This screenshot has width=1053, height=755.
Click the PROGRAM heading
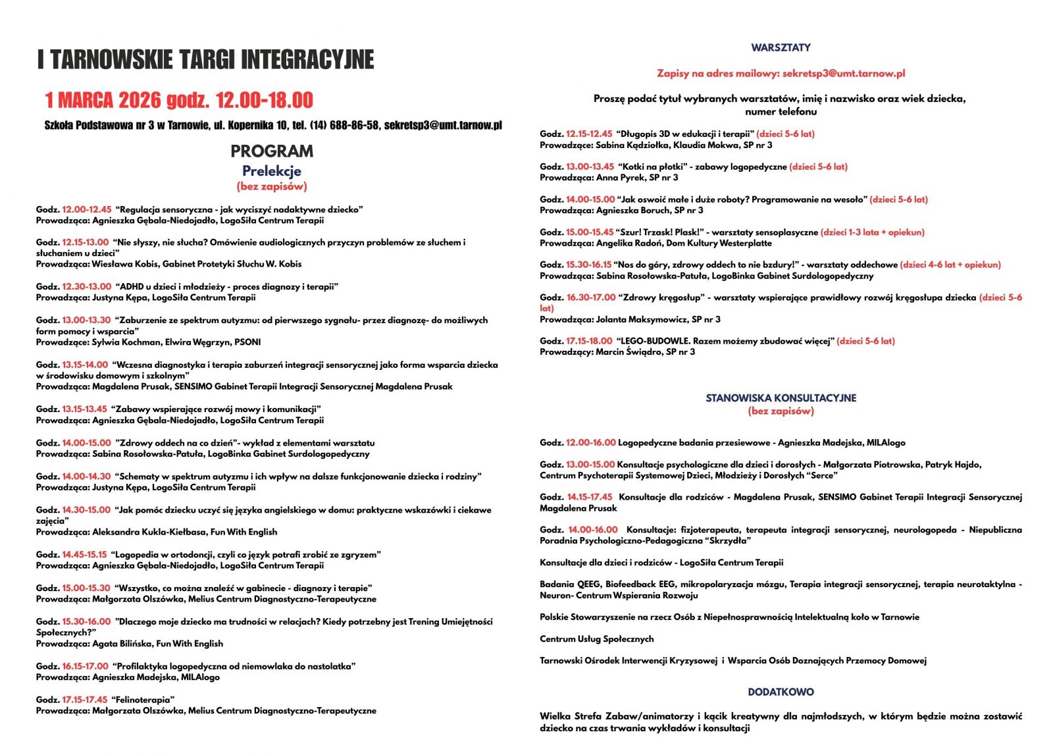272,151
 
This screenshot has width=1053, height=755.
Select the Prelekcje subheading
272,171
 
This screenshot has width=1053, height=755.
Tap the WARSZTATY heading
781,47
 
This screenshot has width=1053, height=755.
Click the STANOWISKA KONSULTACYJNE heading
781,398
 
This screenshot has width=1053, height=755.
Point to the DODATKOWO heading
781,692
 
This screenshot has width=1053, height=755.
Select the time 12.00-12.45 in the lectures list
87,209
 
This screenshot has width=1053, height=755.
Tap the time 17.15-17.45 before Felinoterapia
86,700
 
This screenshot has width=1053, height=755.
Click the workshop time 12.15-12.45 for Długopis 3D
589,134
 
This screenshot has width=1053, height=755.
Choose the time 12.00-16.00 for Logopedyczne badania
591,443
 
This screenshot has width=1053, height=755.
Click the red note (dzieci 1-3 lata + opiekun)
873,232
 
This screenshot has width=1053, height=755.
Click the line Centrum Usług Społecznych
596,639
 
